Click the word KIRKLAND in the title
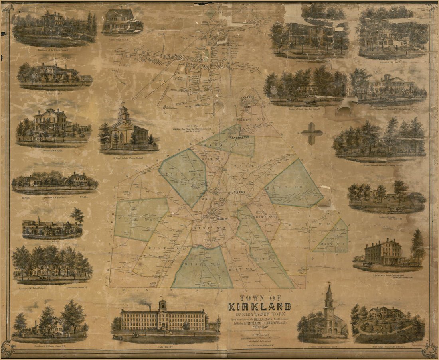pyautogui.click(x=259, y=307)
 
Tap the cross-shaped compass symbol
pyautogui.click(x=312, y=133)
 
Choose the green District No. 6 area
pyautogui.click(x=184, y=175)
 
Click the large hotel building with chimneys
pyautogui.click(x=383, y=252)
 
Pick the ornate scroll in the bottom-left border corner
pyautogui.click(x=8, y=349)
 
